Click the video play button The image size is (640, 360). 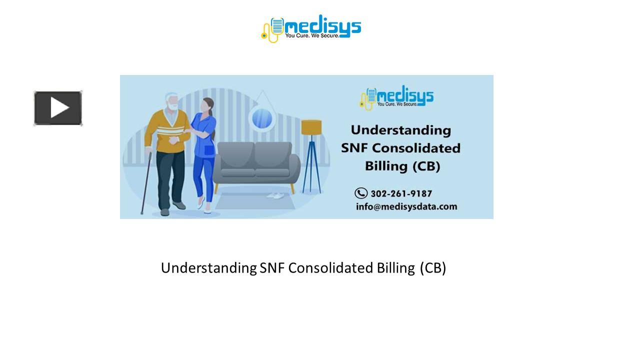point(58,108)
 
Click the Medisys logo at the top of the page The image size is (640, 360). point(311,27)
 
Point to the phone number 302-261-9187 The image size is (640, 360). point(401,193)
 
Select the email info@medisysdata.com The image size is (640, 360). point(406,206)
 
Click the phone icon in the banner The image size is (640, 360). point(361,193)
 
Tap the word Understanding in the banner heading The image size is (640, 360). point(400,130)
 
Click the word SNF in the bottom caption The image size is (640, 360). point(272,268)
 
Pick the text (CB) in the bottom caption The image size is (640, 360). point(432,268)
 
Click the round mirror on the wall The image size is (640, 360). point(262,118)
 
